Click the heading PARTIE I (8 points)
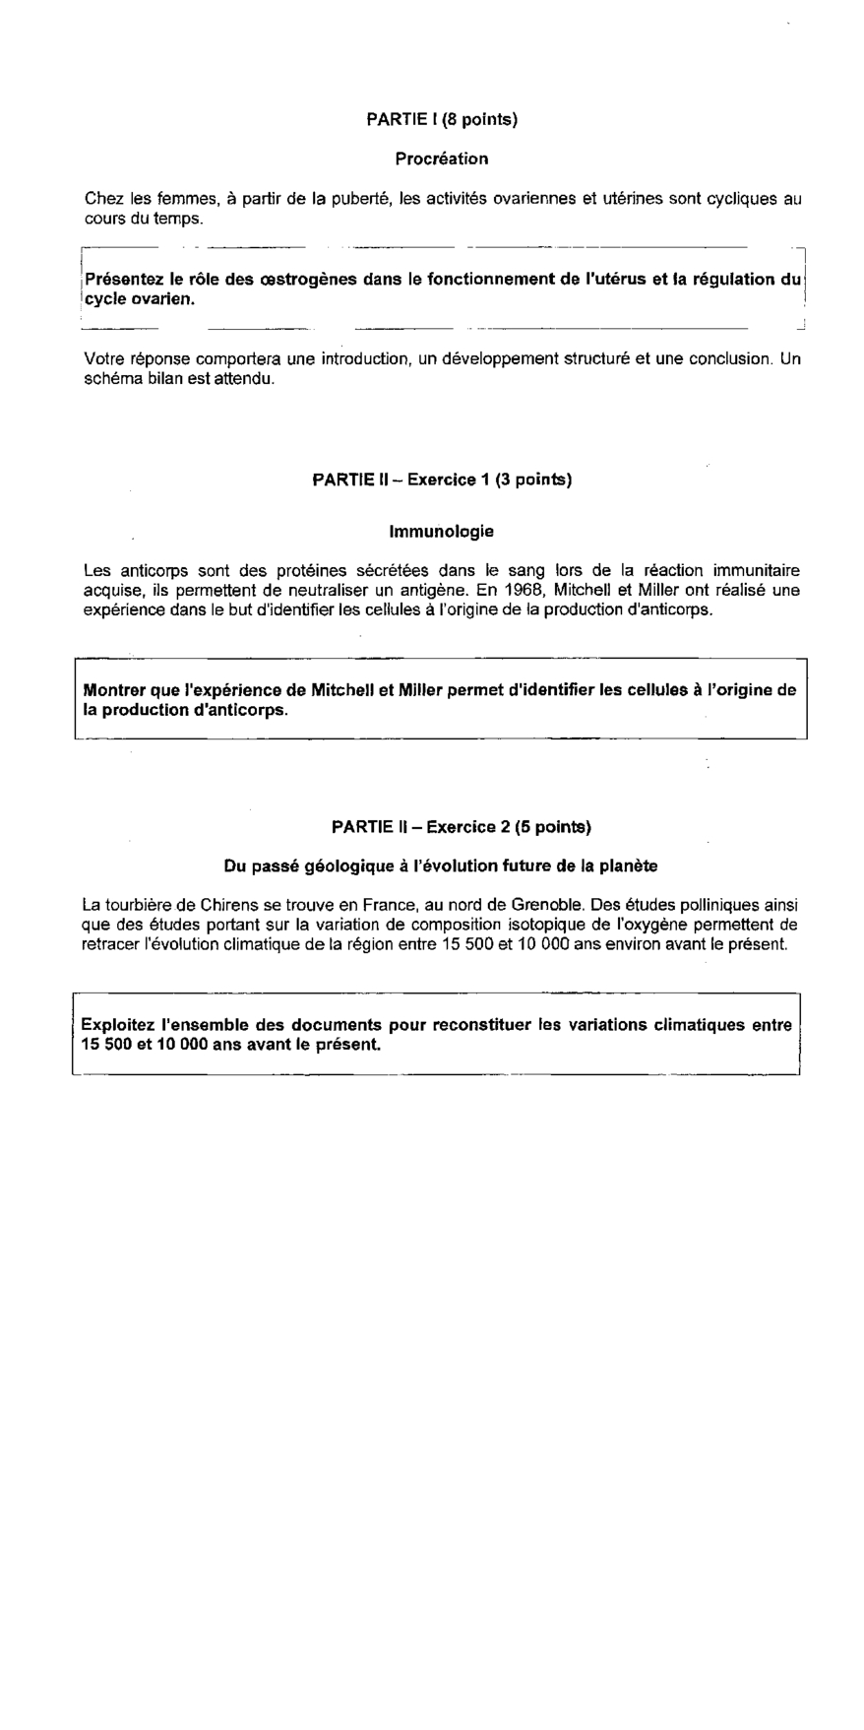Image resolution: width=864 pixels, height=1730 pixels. click(442, 119)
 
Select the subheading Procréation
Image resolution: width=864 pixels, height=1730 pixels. click(442, 159)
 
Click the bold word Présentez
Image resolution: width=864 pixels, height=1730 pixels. click(124, 279)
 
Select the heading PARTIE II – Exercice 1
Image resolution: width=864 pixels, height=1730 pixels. click(442, 480)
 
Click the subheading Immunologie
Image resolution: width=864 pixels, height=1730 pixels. click(442, 532)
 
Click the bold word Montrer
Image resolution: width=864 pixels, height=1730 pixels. click(116, 690)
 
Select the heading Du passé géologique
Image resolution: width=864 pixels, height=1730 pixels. click(442, 866)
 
